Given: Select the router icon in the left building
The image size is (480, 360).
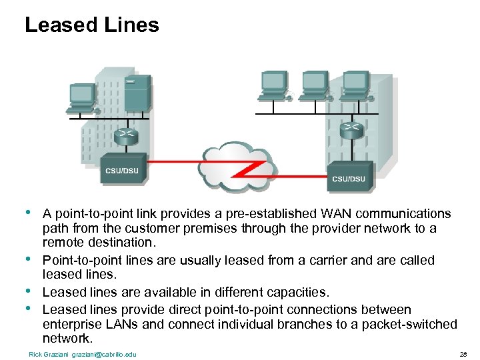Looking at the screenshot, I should pyautogui.click(x=125, y=137).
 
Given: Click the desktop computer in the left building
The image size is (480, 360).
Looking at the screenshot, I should pyautogui.click(x=83, y=97).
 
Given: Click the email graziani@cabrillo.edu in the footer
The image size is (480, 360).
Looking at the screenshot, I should pyautogui.click(x=103, y=353).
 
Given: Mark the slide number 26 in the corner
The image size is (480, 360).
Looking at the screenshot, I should pyautogui.click(x=463, y=353).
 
